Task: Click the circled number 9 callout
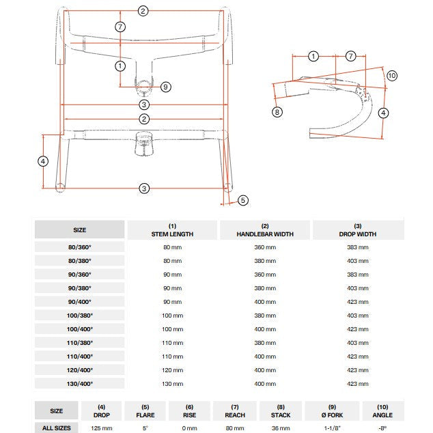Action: click(x=165, y=87)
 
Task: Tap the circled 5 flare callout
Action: click(x=243, y=200)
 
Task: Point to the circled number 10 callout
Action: click(x=391, y=76)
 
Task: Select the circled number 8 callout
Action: click(x=277, y=112)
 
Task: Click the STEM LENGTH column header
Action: click(x=172, y=230)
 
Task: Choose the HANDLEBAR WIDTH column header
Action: click(x=265, y=230)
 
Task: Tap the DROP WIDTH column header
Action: click(x=357, y=230)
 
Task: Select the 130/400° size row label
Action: click(x=80, y=383)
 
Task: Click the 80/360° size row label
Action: click(x=80, y=247)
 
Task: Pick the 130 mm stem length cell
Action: click(x=172, y=383)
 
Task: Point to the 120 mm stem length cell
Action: click(x=172, y=369)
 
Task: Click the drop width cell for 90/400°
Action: click(x=357, y=301)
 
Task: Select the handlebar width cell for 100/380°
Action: click(x=265, y=315)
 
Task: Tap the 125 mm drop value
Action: click(x=102, y=428)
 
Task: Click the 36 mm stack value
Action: click(x=281, y=428)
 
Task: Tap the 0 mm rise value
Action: click(x=190, y=428)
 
